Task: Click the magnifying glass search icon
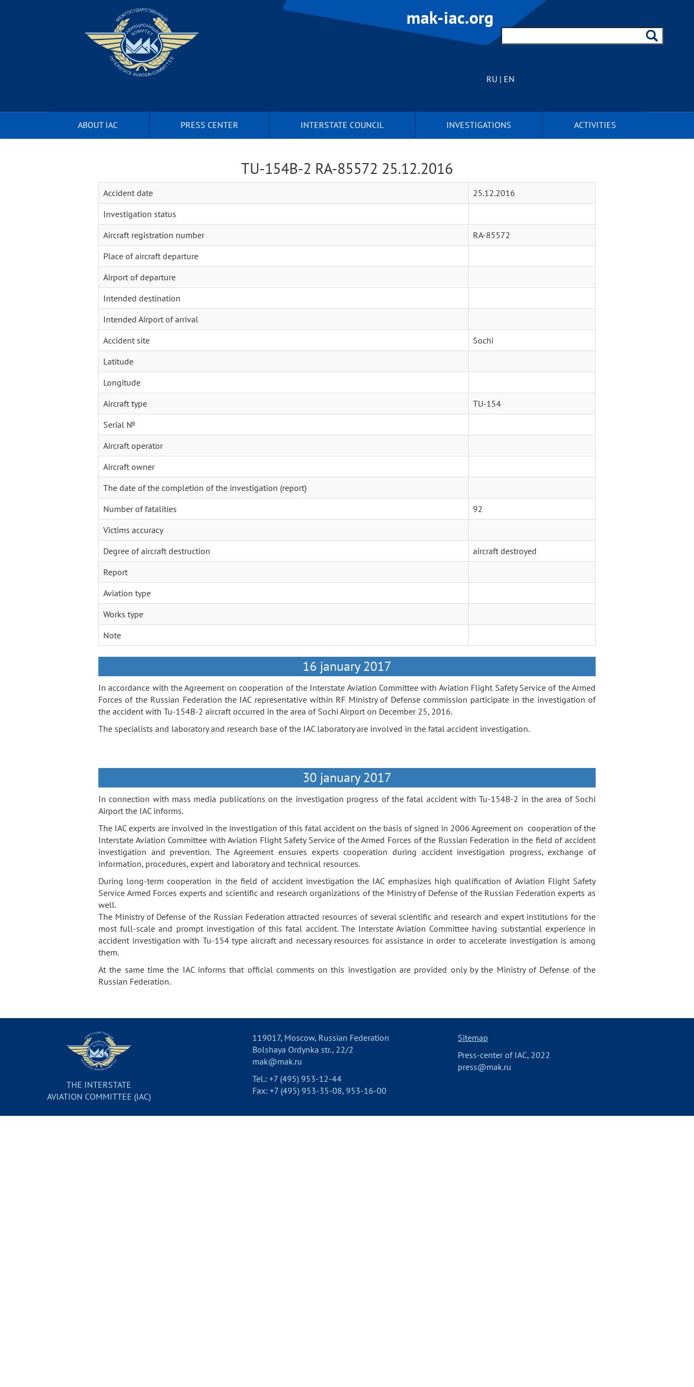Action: [651, 36]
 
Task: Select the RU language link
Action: [491, 79]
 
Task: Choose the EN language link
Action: [509, 79]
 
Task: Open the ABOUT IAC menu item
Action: [98, 125]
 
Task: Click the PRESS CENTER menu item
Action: [209, 125]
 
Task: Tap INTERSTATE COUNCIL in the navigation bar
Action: [342, 125]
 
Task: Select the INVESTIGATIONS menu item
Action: [478, 125]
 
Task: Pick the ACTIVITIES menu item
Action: [595, 125]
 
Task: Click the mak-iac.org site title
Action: [450, 18]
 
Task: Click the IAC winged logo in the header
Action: [142, 43]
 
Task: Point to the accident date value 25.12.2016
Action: [493, 193]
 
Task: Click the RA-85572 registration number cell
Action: [491, 235]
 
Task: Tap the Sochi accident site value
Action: [483, 341]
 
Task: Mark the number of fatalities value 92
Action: [477, 509]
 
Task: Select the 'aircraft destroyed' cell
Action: [504, 551]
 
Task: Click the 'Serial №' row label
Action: [119, 425]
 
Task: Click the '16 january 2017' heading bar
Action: [346, 666]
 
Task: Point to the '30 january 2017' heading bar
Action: [346, 778]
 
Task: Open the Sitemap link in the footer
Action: [472, 1038]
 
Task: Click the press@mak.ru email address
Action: [484, 1067]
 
